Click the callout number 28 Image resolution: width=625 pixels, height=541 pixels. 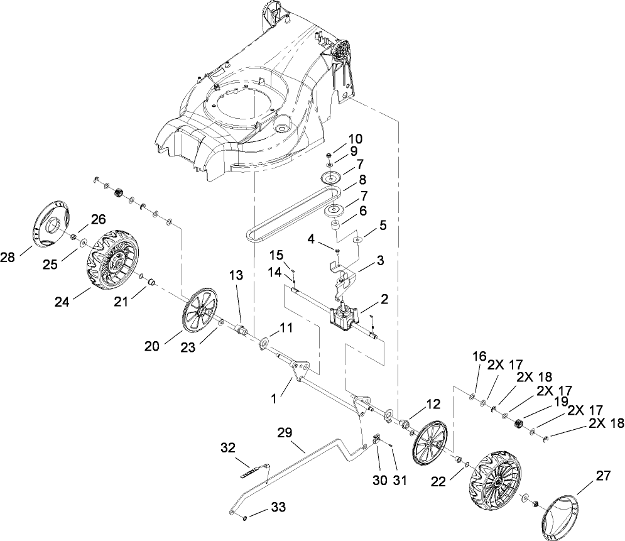7,258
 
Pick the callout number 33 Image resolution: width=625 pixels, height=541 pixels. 278,508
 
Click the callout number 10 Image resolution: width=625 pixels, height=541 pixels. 356,139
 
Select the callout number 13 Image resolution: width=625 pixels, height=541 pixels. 236,275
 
